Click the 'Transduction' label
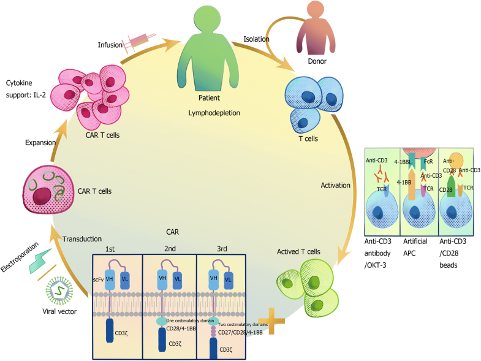[x=83, y=238]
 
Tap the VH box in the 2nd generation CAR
[x=162, y=277]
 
